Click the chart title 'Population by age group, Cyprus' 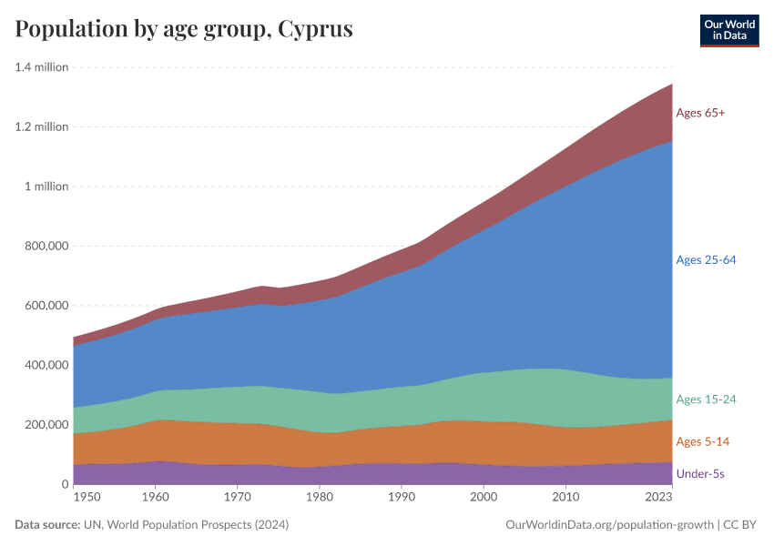[x=184, y=29]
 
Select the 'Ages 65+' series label [x=700, y=113]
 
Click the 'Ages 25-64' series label [x=706, y=260]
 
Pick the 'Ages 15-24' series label [x=706, y=399]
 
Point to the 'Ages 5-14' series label [x=702, y=441]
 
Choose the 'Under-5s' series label [x=700, y=474]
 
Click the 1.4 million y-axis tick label [x=42, y=67]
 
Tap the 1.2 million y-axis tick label [x=42, y=126]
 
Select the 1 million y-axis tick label [x=46, y=187]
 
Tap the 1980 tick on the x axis [x=320, y=498]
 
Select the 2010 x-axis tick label [x=565, y=498]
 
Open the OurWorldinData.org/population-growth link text [x=607, y=525]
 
